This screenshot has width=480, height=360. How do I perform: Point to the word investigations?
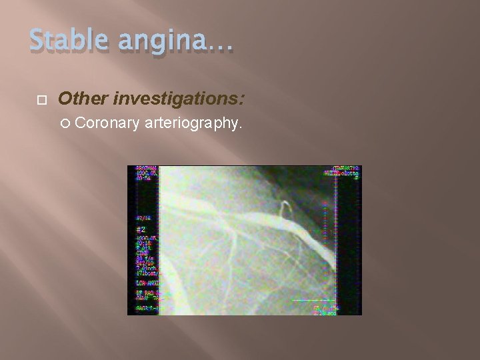click(x=179, y=99)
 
